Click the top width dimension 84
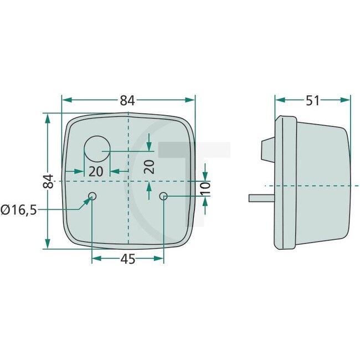pyautogui.click(x=127, y=100)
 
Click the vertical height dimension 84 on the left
pyautogui.click(x=49, y=181)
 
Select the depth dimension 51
pyautogui.click(x=312, y=100)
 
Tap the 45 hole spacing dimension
pyautogui.click(x=128, y=259)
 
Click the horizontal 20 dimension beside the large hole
pyautogui.click(x=96, y=171)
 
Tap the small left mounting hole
pyautogui.click(x=92, y=196)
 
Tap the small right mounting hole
pyautogui.click(x=164, y=197)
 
